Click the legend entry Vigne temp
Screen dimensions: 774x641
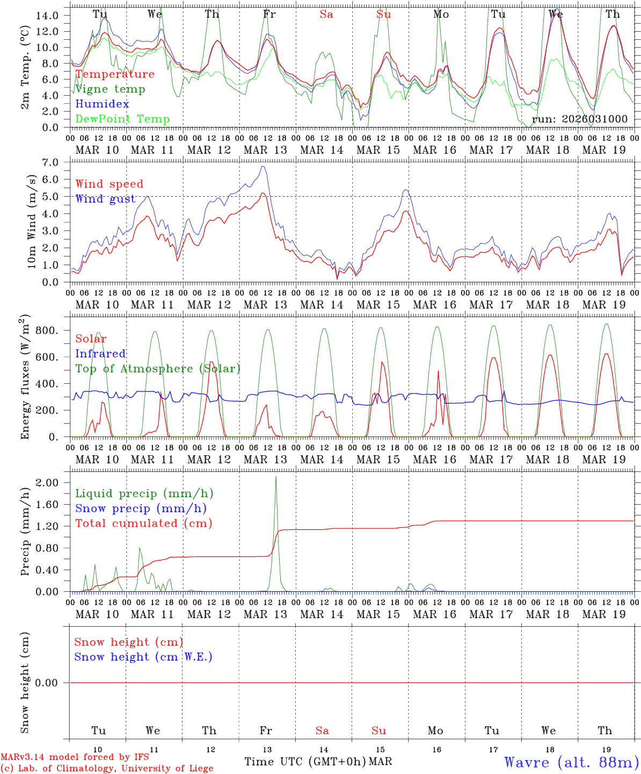110,89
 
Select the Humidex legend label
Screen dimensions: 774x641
102,104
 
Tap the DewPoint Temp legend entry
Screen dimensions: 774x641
122,119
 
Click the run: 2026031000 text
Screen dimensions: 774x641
579,119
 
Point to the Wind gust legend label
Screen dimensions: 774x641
105,199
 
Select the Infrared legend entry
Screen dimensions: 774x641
100,354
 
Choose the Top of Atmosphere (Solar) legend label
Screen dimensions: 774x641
157,369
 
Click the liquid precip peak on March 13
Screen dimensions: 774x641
276,477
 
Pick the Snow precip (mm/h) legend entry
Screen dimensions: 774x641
141,508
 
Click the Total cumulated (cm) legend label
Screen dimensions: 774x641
143,524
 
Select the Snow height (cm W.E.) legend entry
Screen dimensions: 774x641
143,657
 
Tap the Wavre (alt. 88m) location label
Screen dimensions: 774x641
571,762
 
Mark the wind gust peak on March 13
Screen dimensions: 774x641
263,166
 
